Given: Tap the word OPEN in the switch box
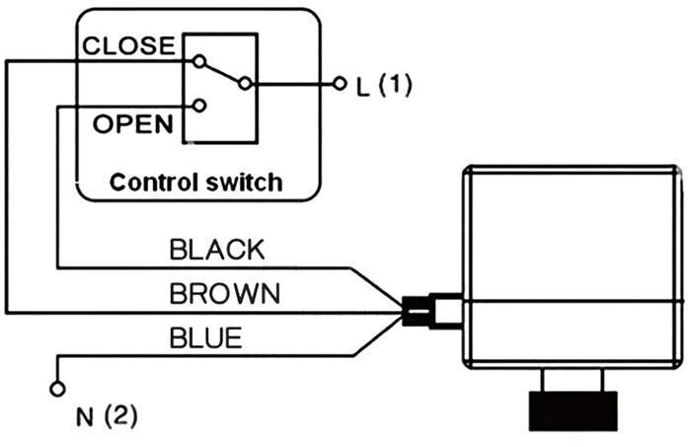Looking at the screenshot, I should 132,124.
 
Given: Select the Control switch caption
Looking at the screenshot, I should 195,183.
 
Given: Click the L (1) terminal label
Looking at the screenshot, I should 381,85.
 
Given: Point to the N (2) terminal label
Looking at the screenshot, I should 105,412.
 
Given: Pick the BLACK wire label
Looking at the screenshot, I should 217,250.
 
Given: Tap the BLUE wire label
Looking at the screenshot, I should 205,338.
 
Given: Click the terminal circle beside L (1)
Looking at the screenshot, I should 341,84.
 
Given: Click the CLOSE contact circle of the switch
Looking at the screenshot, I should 200,61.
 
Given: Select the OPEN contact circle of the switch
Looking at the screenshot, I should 200,105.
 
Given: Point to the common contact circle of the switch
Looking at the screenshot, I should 245,84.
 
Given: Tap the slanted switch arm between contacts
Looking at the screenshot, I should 223,73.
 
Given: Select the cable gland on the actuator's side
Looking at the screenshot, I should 430,310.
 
